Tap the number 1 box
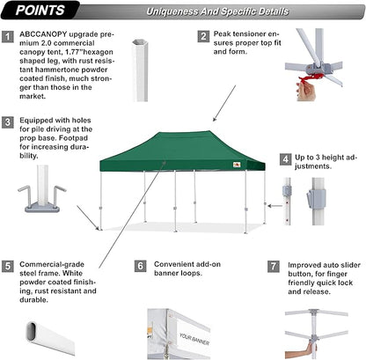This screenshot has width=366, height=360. click(8, 37)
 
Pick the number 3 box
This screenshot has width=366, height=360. click(8, 122)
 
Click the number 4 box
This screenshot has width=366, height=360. click(286, 159)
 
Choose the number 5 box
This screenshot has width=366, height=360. click(8, 265)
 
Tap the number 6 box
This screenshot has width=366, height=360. click(140, 265)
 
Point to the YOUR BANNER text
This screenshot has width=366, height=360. click(194, 336)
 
